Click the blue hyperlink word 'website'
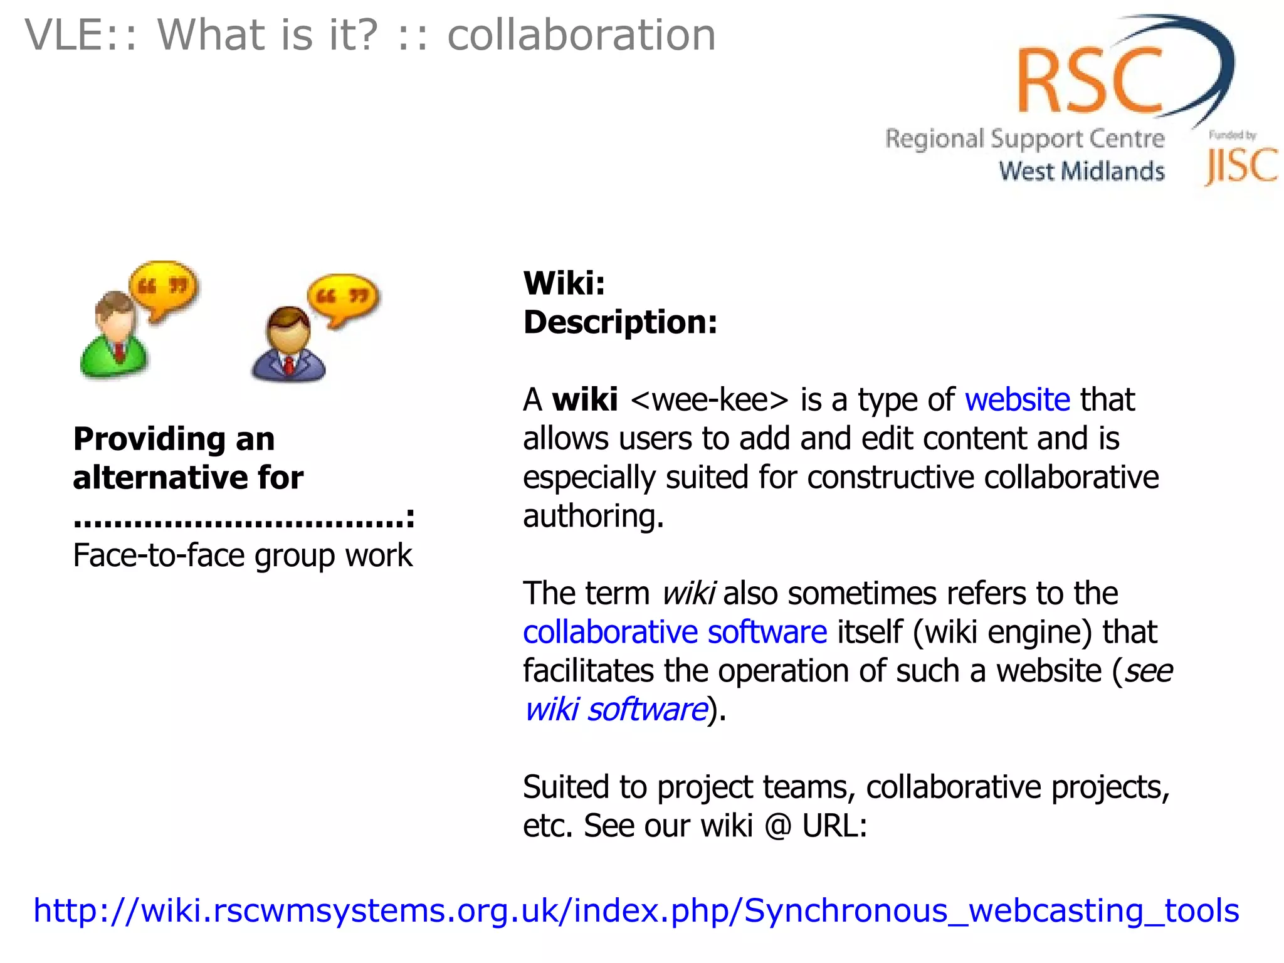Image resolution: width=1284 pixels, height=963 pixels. click(1017, 400)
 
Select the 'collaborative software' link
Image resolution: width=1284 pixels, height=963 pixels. click(675, 632)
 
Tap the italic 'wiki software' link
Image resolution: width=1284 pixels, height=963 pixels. click(616, 710)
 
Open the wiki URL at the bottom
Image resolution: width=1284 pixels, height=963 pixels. click(636, 910)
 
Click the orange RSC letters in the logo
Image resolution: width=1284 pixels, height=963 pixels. click(1090, 82)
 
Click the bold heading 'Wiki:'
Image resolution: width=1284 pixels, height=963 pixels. click(564, 283)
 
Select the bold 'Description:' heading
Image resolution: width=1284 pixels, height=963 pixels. click(619, 322)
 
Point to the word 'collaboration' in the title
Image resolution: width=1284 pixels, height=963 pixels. click(581, 35)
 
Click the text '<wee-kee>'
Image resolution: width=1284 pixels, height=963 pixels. click(709, 400)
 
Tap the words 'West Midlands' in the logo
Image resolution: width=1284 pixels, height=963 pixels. click(1081, 171)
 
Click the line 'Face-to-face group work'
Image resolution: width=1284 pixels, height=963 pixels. click(243, 555)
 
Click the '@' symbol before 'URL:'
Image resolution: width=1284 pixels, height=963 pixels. click(778, 826)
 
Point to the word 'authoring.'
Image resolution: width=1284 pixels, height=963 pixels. click(593, 517)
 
